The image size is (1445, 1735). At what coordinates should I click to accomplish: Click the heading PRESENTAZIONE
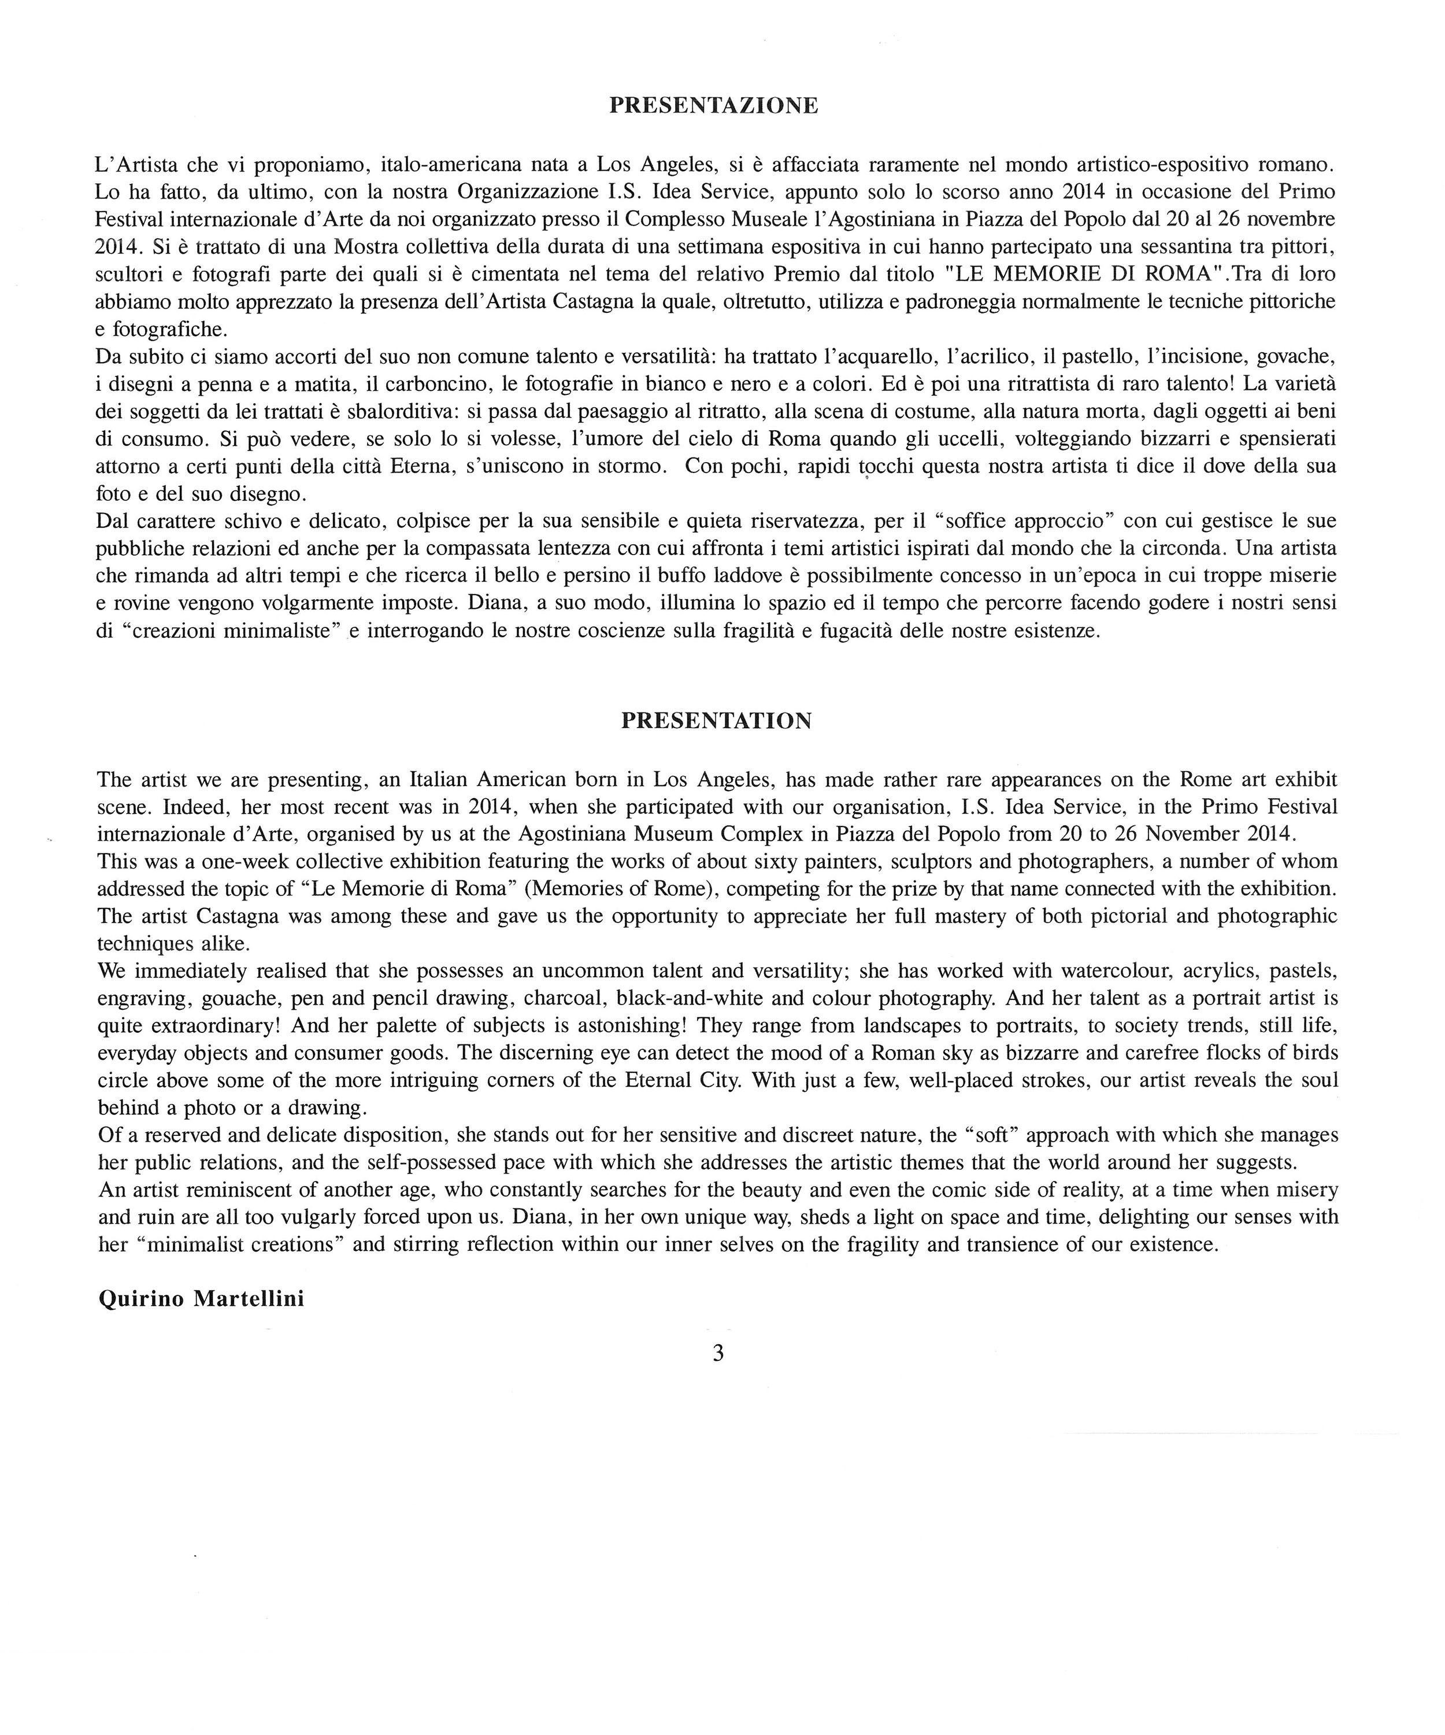coord(713,106)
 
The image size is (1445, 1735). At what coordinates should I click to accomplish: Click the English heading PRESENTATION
coord(716,721)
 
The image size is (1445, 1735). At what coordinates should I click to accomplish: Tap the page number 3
coord(717,1353)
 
